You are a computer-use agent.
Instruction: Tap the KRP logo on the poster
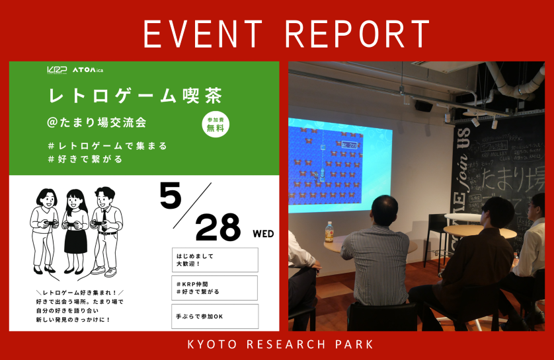click(x=57, y=69)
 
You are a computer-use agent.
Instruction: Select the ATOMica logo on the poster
click(x=87, y=69)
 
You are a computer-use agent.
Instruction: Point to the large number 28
click(x=218, y=228)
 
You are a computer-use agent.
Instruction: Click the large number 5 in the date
click(x=171, y=195)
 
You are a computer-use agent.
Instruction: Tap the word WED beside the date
click(x=262, y=234)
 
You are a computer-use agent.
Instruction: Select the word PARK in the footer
click(x=357, y=345)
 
